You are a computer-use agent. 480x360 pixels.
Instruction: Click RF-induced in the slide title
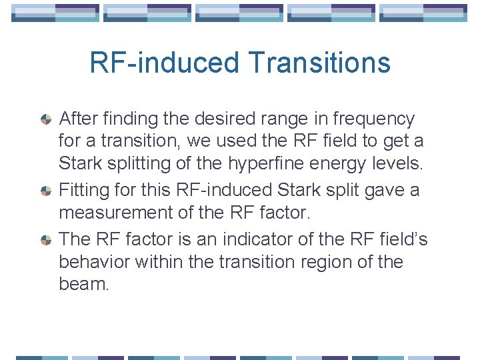coord(164,63)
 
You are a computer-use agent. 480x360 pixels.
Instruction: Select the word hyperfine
coord(260,164)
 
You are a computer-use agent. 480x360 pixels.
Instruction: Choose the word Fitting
coord(83,191)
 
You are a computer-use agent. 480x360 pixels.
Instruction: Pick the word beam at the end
coord(83,285)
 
